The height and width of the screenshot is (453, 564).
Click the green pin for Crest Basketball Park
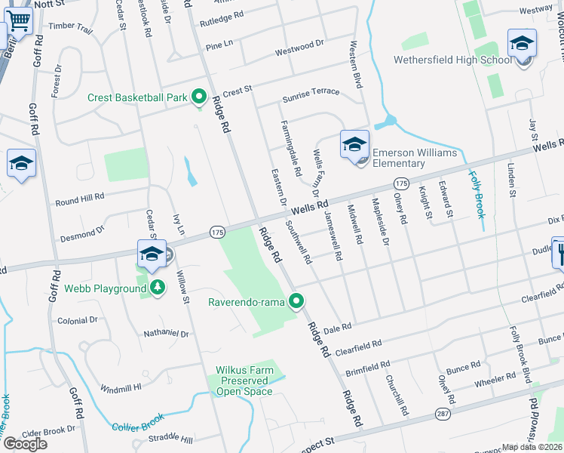pos(199,96)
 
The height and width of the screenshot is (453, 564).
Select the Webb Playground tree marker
pos(157,288)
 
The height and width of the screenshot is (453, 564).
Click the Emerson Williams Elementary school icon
pos(353,145)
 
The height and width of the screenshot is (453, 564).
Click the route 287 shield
pos(442,414)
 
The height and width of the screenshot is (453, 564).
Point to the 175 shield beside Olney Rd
pos(400,184)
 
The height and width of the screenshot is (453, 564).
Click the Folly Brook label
pos(477,194)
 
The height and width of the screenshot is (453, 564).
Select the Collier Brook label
pos(136,423)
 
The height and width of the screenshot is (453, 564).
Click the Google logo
pos(25,443)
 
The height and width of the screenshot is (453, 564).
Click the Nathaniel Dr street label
pos(167,333)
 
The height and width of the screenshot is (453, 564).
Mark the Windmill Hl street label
pos(121,387)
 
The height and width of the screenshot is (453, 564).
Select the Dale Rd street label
pos(337,328)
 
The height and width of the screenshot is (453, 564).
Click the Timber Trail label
pos(70,28)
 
